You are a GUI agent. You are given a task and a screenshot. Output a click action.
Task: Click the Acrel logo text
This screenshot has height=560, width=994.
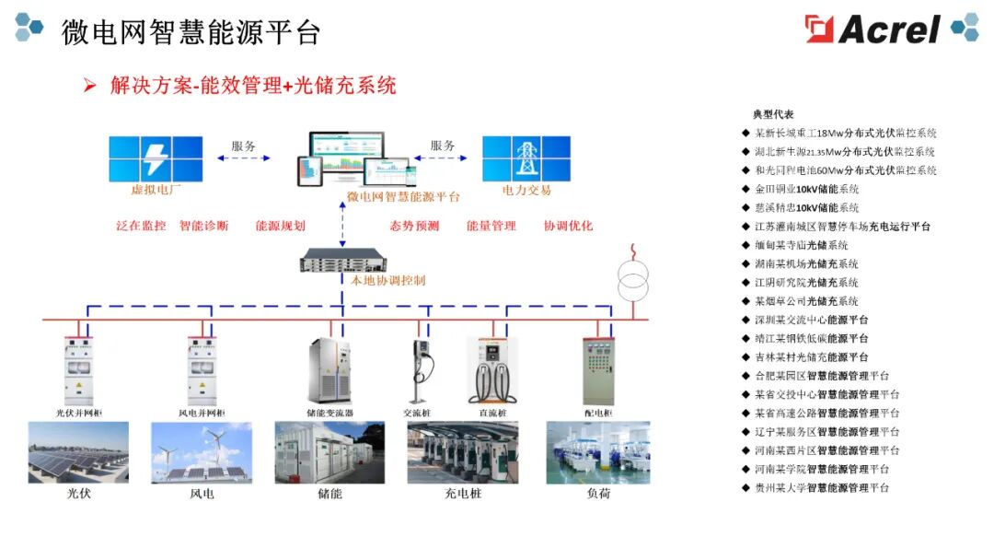point(888,29)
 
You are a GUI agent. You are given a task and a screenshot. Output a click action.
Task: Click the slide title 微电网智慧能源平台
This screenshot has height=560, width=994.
point(191,32)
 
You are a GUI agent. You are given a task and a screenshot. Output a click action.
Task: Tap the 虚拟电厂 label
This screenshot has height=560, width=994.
point(156,191)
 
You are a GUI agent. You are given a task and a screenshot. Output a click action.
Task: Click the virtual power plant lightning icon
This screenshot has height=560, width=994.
point(156,158)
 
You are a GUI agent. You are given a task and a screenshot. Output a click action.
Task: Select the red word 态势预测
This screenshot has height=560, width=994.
point(414,226)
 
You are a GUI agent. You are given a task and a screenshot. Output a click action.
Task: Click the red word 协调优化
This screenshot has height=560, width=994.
point(568,226)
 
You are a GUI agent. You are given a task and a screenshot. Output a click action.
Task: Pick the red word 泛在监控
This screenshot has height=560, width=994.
point(141,226)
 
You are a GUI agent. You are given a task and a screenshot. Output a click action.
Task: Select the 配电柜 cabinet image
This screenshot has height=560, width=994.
point(597,372)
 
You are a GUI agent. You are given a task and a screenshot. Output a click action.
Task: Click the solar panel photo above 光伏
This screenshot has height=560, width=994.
point(78,452)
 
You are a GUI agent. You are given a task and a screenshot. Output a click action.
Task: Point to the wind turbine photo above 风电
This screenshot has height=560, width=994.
point(202,452)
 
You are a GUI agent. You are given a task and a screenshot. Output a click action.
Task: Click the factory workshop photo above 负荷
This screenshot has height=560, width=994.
point(598,452)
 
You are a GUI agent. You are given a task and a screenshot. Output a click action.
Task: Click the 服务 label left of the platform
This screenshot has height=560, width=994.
point(243,146)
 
